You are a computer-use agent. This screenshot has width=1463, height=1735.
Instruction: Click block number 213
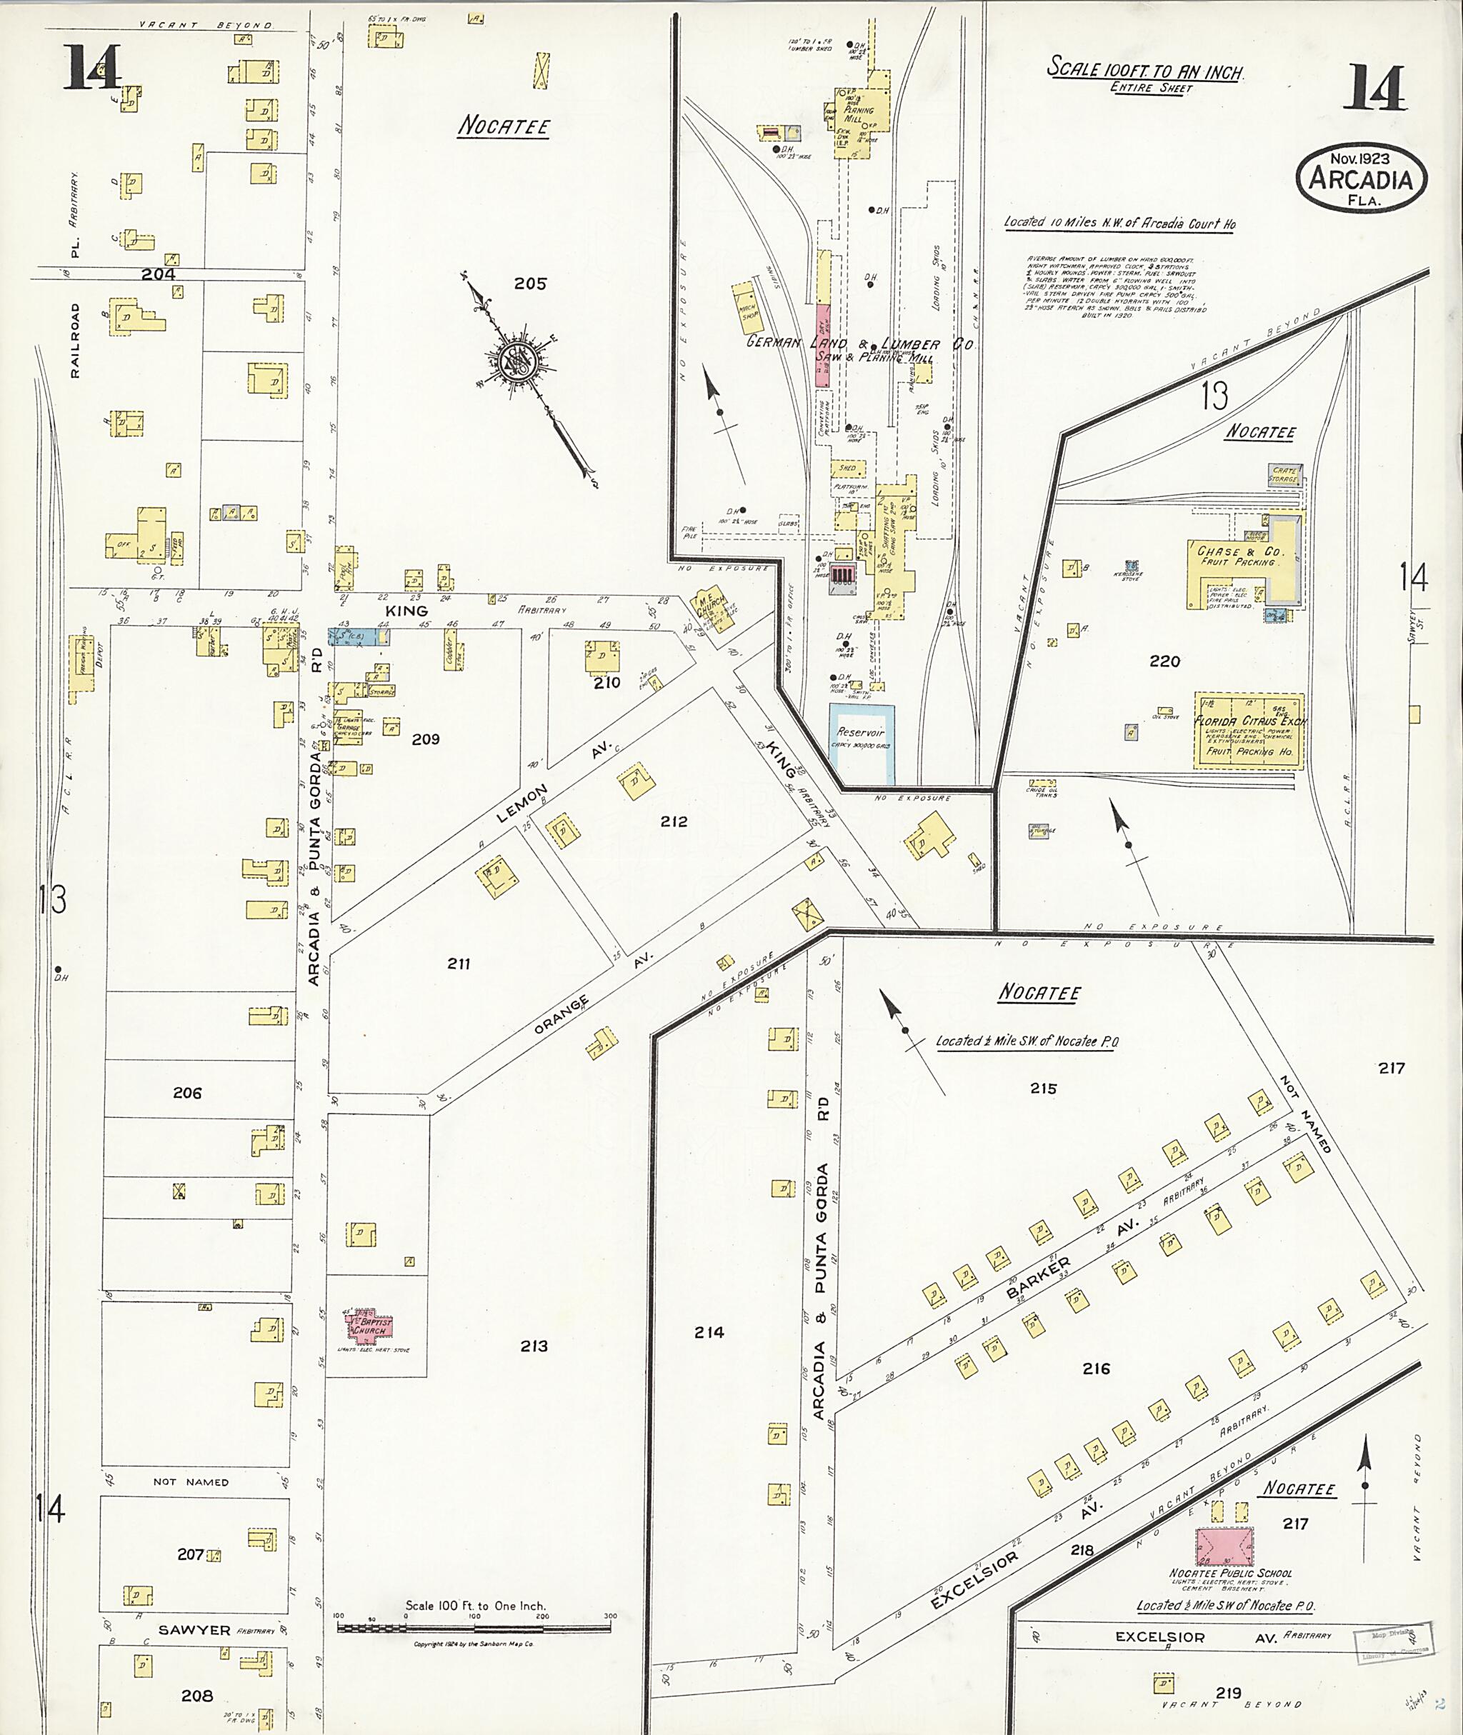tap(534, 1345)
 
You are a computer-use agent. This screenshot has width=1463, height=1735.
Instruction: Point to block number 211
tap(459, 963)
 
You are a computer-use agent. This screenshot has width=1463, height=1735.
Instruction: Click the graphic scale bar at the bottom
tap(474, 1627)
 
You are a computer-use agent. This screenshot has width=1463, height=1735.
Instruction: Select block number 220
tap(1164, 661)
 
